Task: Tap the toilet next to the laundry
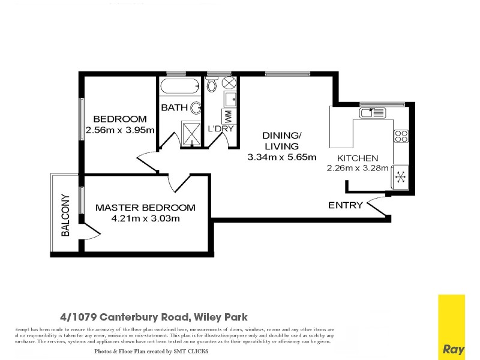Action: (211, 85)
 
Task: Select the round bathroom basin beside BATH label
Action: (196, 108)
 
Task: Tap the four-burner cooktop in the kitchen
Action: (400, 136)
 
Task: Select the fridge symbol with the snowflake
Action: (400, 178)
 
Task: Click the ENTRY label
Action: (345, 205)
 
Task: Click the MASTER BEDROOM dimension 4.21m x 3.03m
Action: (146, 218)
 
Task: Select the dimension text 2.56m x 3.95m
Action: (120, 130)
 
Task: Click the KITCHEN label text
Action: (357, 158)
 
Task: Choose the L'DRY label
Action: (220, 129)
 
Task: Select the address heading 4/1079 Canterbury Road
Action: (154, 317)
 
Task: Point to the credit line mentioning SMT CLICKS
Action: (151, 351)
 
